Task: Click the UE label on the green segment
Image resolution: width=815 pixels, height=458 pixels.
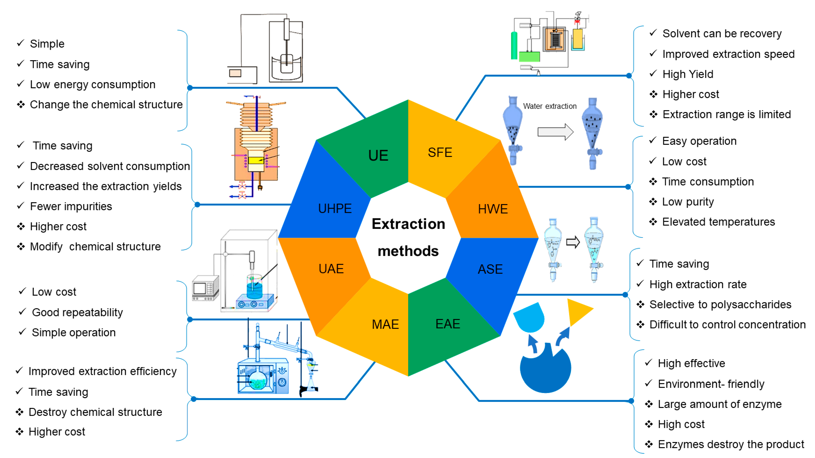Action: point(378,156)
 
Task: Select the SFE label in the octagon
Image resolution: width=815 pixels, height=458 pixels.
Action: point(440,153)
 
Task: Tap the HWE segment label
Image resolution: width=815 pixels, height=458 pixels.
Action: point(493,209)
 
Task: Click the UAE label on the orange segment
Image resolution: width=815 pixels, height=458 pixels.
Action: point(331,269)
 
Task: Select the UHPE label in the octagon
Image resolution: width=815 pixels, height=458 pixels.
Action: point(335,209)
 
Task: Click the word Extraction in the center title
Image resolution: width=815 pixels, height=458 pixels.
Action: point(408,224)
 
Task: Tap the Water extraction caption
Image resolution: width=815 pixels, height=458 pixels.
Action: point(550,106)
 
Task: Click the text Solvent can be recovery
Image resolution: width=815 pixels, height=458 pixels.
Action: point(722,33)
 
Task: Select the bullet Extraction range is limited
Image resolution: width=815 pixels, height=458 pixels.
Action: point(726,114)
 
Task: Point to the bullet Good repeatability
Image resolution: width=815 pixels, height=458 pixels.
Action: point(77,312)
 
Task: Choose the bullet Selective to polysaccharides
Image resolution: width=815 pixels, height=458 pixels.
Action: point(720,304)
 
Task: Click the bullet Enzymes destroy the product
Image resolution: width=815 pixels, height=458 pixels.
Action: point(731,444)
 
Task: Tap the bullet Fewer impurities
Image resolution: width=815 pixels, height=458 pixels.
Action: point(71,206)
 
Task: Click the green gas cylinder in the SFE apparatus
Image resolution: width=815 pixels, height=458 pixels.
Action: point(514,46)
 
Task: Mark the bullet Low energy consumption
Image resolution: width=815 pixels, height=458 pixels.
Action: point(92,84)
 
